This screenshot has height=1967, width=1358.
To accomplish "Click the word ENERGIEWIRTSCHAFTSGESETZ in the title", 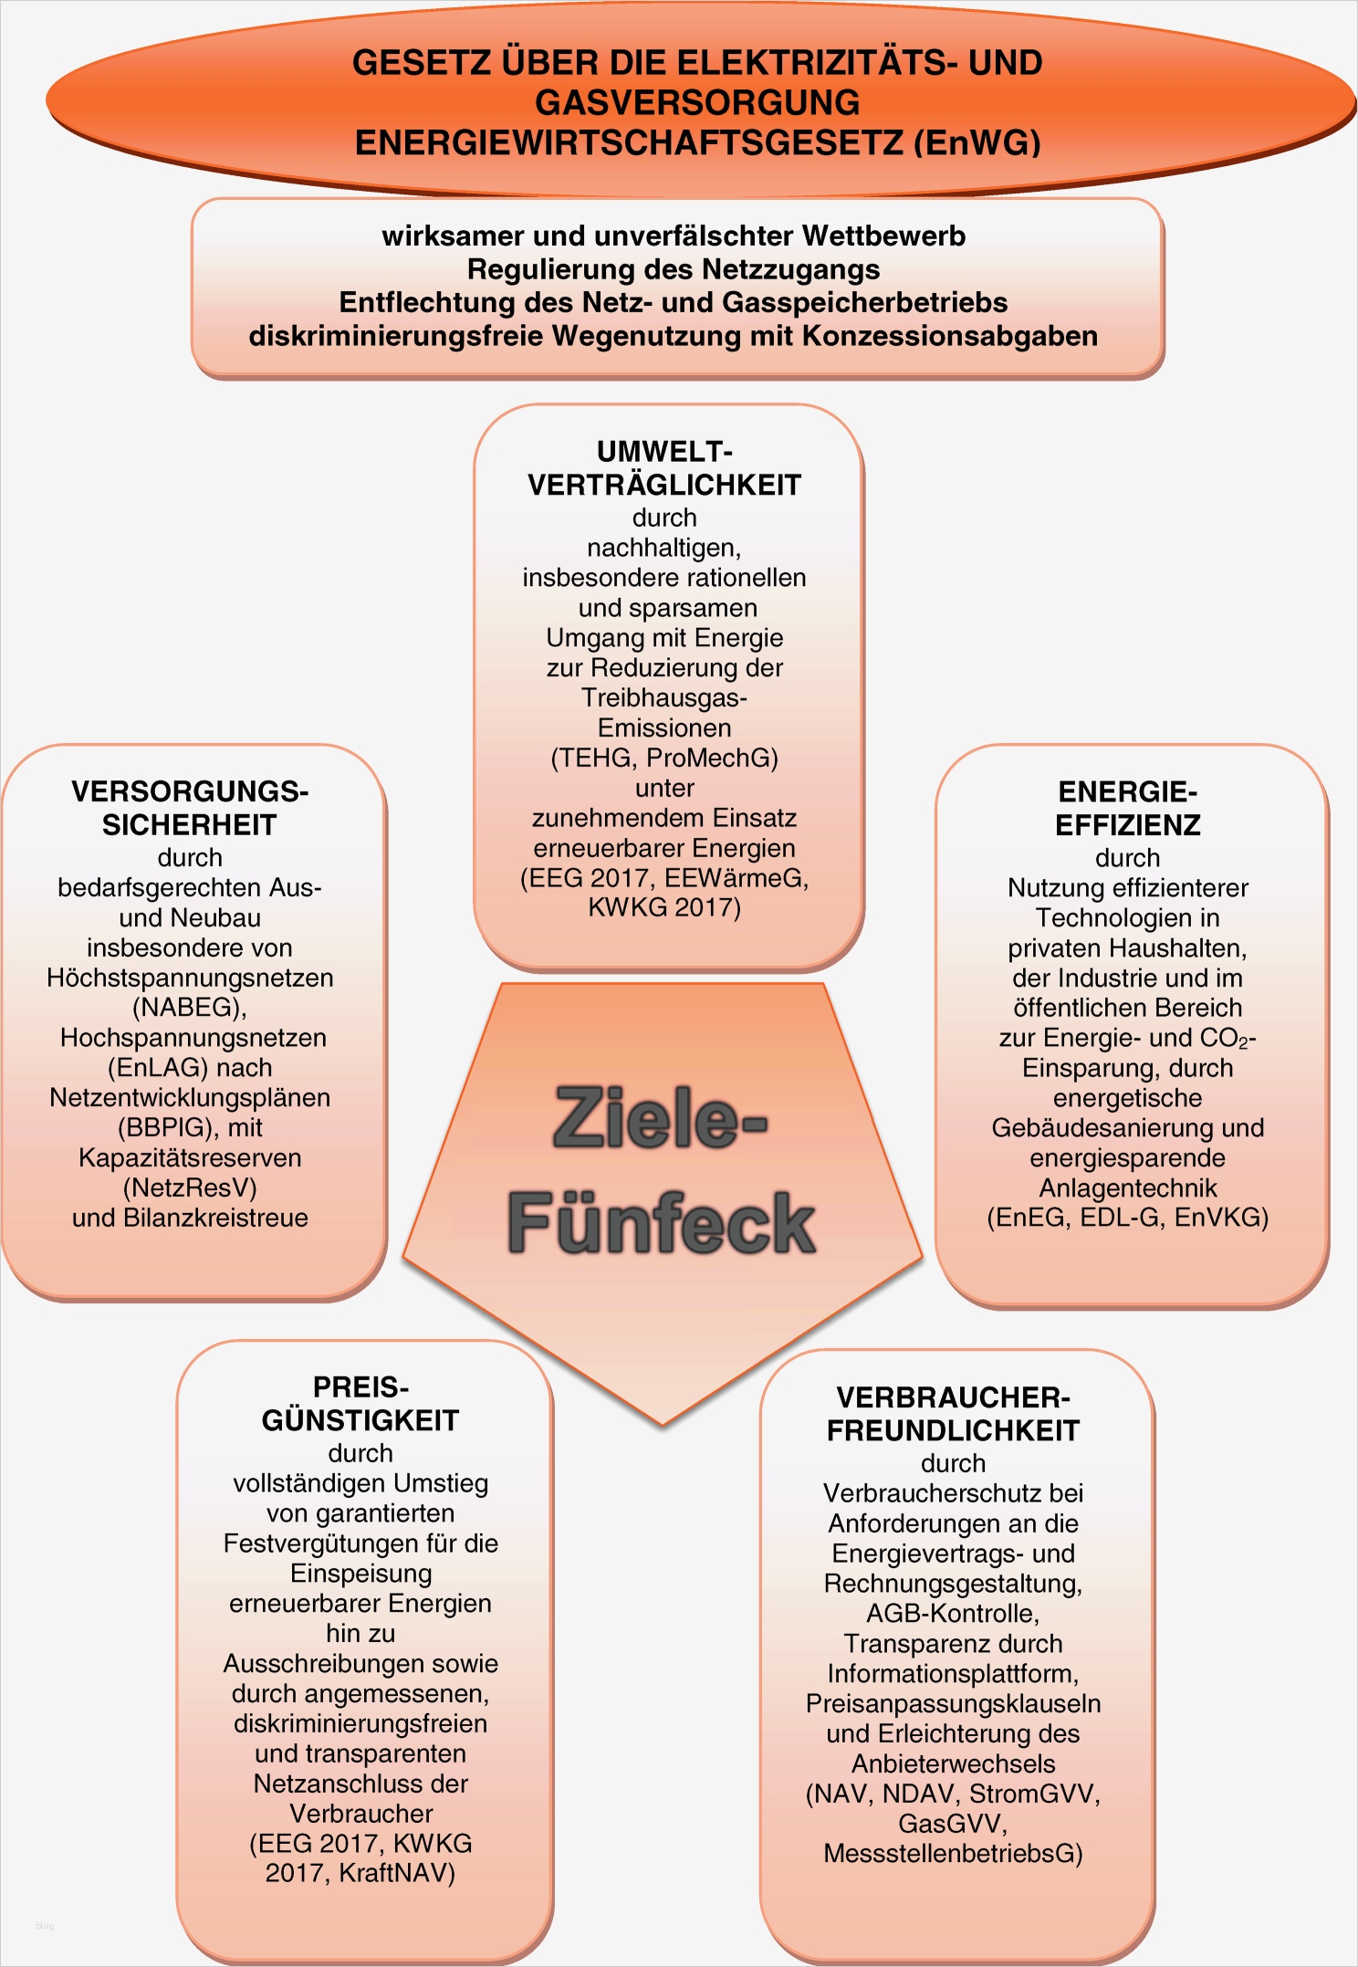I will pyautogui.click(x=629, y=143).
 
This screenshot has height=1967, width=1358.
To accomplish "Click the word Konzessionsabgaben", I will pyautogui.click(x=949, y=336).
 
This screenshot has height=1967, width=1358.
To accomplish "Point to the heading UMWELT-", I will pyautogui.click(x=664, y=452).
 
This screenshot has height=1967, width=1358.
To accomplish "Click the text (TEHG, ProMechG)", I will pyautogui.click(x=664, y=758).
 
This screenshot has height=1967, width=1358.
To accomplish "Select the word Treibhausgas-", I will pyautogui.click(x=664, y=698).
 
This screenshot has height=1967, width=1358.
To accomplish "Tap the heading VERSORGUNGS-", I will pyautogui.click(x=190, y=791).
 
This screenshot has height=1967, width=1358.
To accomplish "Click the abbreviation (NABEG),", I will pyautogui.click(x=190, y=1008).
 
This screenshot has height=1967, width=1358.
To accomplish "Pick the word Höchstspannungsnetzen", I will pyautogui.click(x=190, y=978).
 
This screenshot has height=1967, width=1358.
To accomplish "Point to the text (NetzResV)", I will pyautogui.click(x=190, y=1188).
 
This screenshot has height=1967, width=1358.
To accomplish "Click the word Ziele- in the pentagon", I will pyautogui.click(x=661, y=1118).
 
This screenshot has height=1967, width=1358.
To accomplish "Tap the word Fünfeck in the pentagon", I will pyautogui.click(x=661, y=1223).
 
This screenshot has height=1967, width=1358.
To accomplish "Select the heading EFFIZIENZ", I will pyautogui.click(x=1128, y=825).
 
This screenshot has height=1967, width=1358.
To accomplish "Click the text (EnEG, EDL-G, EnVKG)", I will pyautogui.click(x=1128, y=1218).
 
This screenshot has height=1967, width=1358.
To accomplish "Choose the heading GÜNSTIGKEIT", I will pyautogui.click(x=360, y=1420).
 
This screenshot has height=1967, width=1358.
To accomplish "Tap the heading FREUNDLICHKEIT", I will pyautogui.click(x=954, y=1430).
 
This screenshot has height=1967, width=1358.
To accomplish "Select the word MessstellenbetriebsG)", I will pyautogui.click(x=954, y=1854).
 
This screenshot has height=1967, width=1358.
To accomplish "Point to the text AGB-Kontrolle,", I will pyautogui.click(x=954, y=1613).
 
